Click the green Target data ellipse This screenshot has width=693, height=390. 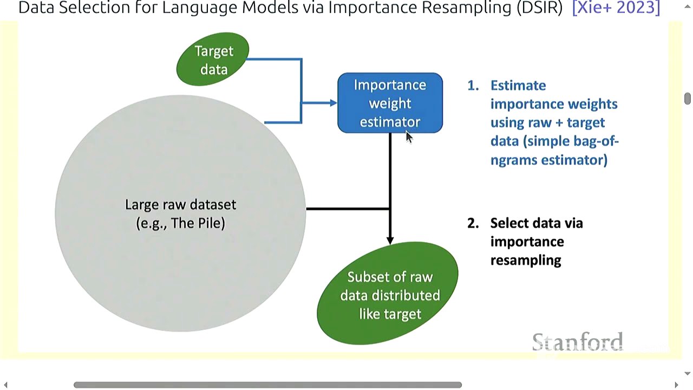click(x=213, y=60)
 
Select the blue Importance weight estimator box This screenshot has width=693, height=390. click(x=390, y=103)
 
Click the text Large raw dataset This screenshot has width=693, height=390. click(x=180, y=205)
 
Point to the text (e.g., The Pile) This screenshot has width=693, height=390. click(x=180, y=223)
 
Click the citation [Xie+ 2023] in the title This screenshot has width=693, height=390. click(x=616, y=8)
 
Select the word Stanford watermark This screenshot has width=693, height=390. click(x=577, y=342)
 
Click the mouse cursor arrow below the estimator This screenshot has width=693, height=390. click(x=409, y=137)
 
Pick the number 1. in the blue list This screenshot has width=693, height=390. click(x=473, y=86)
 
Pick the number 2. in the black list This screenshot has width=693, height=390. click(x=473, y=223)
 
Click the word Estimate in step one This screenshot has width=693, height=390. click(x=518, y=86)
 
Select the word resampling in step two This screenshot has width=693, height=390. click(x=525, y=260)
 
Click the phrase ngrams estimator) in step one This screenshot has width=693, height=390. click(x=548, y=160)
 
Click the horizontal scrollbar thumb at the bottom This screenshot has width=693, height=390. click(x=267, y=385)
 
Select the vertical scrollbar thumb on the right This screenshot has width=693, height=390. click(x=687, y=99)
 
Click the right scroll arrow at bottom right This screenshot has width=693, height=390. click(x=676, y=385)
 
